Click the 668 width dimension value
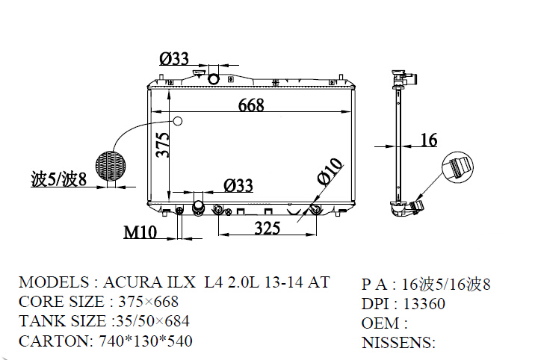point(251,105)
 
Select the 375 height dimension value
point(163,145)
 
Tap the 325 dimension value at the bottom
point(267,228)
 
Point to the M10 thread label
point(140,232)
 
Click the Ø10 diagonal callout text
point(330,172)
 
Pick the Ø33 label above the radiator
point(174,59)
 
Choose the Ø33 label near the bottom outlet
point(238,185)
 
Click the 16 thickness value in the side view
point(429,140)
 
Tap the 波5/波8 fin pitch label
point(59,179)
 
